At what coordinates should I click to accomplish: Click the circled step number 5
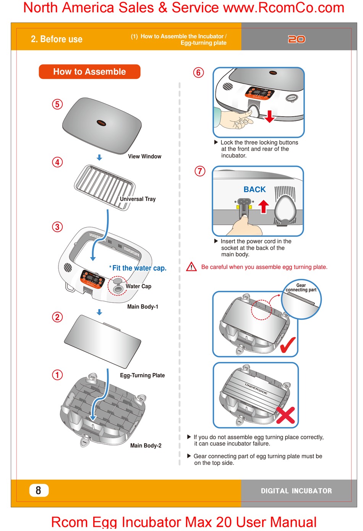(57, 104)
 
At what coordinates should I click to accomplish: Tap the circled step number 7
(200, 171)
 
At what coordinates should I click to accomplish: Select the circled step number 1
(57, 375)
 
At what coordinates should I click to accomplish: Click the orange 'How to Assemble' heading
(89, 72)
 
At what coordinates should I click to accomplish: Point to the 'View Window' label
(144, 156)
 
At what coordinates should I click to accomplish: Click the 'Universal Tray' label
(138, 199)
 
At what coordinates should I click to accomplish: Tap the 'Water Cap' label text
(138, 286)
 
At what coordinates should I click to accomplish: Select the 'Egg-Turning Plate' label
(142, 375)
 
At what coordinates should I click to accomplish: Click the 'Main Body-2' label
(146, 445)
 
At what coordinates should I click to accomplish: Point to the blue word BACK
(254, 189)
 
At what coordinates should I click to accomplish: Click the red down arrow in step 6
(270, 116)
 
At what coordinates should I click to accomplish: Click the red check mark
(287, 344)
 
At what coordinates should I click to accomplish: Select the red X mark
(285, 415)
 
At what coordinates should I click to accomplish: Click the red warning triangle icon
(191, 267)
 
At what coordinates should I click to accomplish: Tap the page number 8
(39, 490)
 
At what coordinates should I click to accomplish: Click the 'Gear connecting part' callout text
(301, 288)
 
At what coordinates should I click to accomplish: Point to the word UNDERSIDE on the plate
(256, 389)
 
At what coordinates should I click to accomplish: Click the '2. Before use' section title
(57, 39)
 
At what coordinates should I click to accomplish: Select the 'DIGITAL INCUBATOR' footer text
(296, 491)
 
